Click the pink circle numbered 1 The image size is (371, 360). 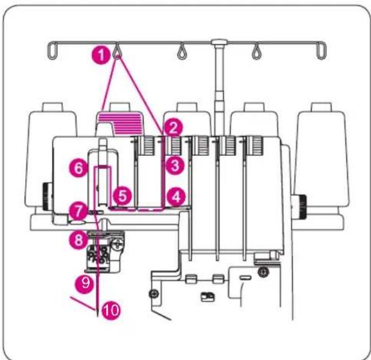click(x=101, y=55)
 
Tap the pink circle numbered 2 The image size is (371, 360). click(x=174, y=128)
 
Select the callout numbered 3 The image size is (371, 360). click(x=175, y=166)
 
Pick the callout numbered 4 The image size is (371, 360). click(x=176, y=197)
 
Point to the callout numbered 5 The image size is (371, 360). click(x=123, y=196)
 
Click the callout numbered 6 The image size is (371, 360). click(x=78, y=168)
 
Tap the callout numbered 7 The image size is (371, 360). click(x=78, y=212)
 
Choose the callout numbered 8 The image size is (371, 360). click(x=78, y=240)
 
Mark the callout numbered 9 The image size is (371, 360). click(x=85, y=283)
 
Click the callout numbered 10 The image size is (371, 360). click(x=111, y=310)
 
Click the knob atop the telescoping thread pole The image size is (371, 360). click(x=219, y=42)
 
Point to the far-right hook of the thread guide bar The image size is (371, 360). click(x=321, y=50)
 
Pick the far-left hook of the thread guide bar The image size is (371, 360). click(x=52, y=50)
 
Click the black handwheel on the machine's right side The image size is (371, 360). click(x=299, y=206)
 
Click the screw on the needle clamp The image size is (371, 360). click(x=118, y=244)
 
